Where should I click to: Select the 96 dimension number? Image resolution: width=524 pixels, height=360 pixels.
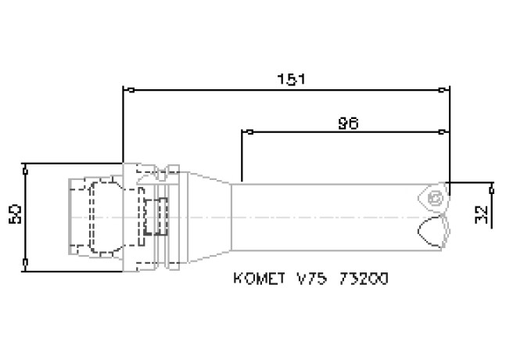click(349, 123)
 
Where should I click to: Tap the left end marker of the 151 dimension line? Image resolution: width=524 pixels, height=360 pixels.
click(129, 90)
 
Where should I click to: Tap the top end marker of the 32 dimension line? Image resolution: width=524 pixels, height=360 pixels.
click(491, 189)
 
